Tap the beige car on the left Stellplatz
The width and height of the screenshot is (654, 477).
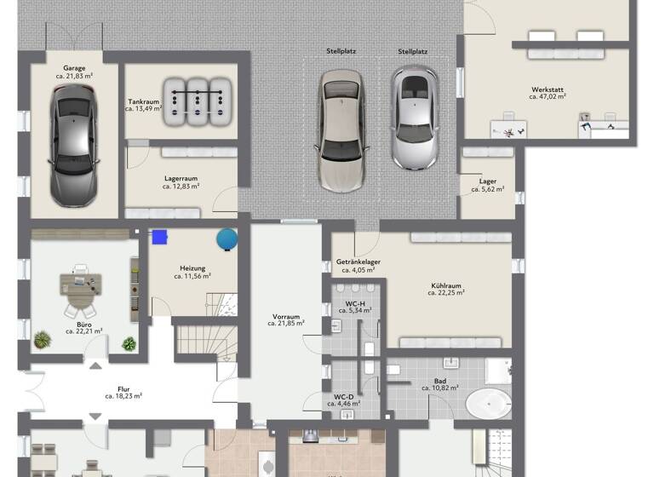click(x=342, y=129)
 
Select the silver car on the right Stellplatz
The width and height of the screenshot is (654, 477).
click(x=414, y=117)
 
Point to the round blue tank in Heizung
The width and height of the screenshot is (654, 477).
click(x=227, y=238)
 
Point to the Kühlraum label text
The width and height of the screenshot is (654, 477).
click(x=445, y=287)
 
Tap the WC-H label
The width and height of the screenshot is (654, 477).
click(x=355, y=305)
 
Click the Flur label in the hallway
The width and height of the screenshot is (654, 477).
click(x=123, y=390)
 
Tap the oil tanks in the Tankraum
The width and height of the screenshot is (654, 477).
click(x=197, y=101)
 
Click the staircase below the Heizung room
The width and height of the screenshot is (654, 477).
click(x=205, y=338)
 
